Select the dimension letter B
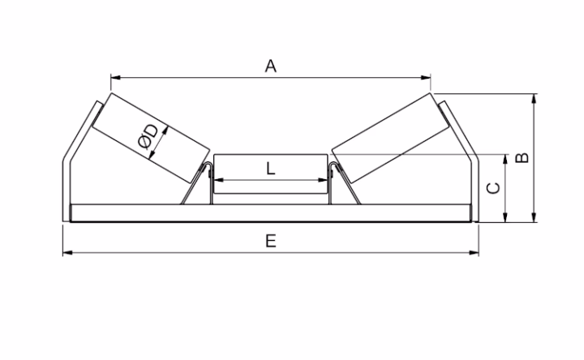(x=523, y=156)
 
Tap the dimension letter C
(x=492, y=187)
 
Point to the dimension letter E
(x=271, y=241)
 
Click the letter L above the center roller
(x=271, y=169)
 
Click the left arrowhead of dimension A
(x=114, y=78)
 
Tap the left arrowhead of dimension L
(x=216, y=180)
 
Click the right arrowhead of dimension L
(x=327, y=180)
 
